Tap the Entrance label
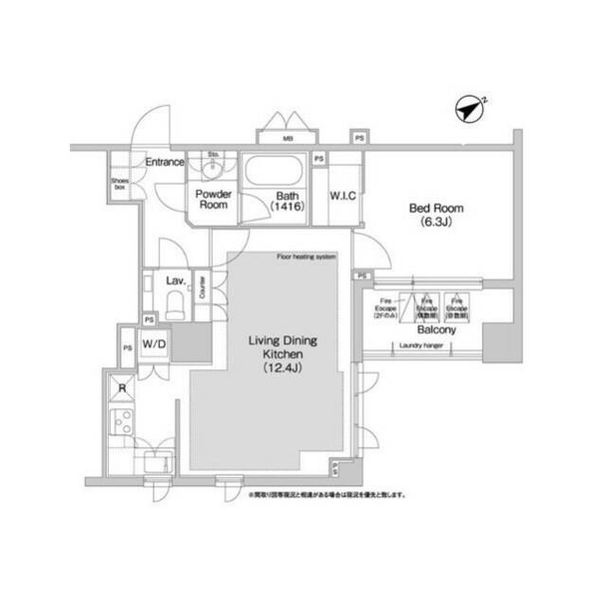point(164,162)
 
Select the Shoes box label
point(119,185)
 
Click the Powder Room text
point(212,199)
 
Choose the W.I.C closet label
point(342,196)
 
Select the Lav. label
point(174,281)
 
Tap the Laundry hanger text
point(419,348)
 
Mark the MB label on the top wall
point(287,140)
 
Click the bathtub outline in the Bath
point(275,175)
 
